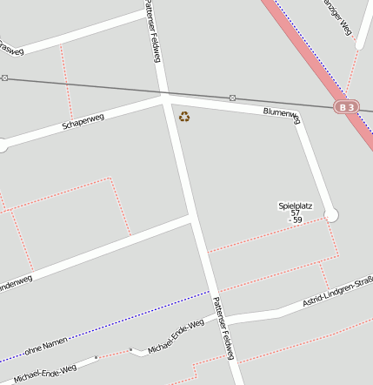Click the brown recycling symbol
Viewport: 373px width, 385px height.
click(x=184, y=117)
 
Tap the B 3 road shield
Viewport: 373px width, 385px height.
click(x=347, y=106)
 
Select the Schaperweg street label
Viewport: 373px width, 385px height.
click(x=83, y=120)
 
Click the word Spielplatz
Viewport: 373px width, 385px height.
click(x=295, y=206)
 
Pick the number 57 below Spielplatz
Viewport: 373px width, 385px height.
click(x=295, y=213)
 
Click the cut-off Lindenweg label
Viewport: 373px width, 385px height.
click(x=16, y=282)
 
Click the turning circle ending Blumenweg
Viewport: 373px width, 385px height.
click(x=330, y=214)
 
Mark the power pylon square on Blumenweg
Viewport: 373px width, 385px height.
click(x=232, y=98)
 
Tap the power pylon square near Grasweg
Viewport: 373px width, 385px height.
click(x=4, y=78)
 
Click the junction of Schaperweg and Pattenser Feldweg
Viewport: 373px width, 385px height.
click(x=164, y=100)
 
